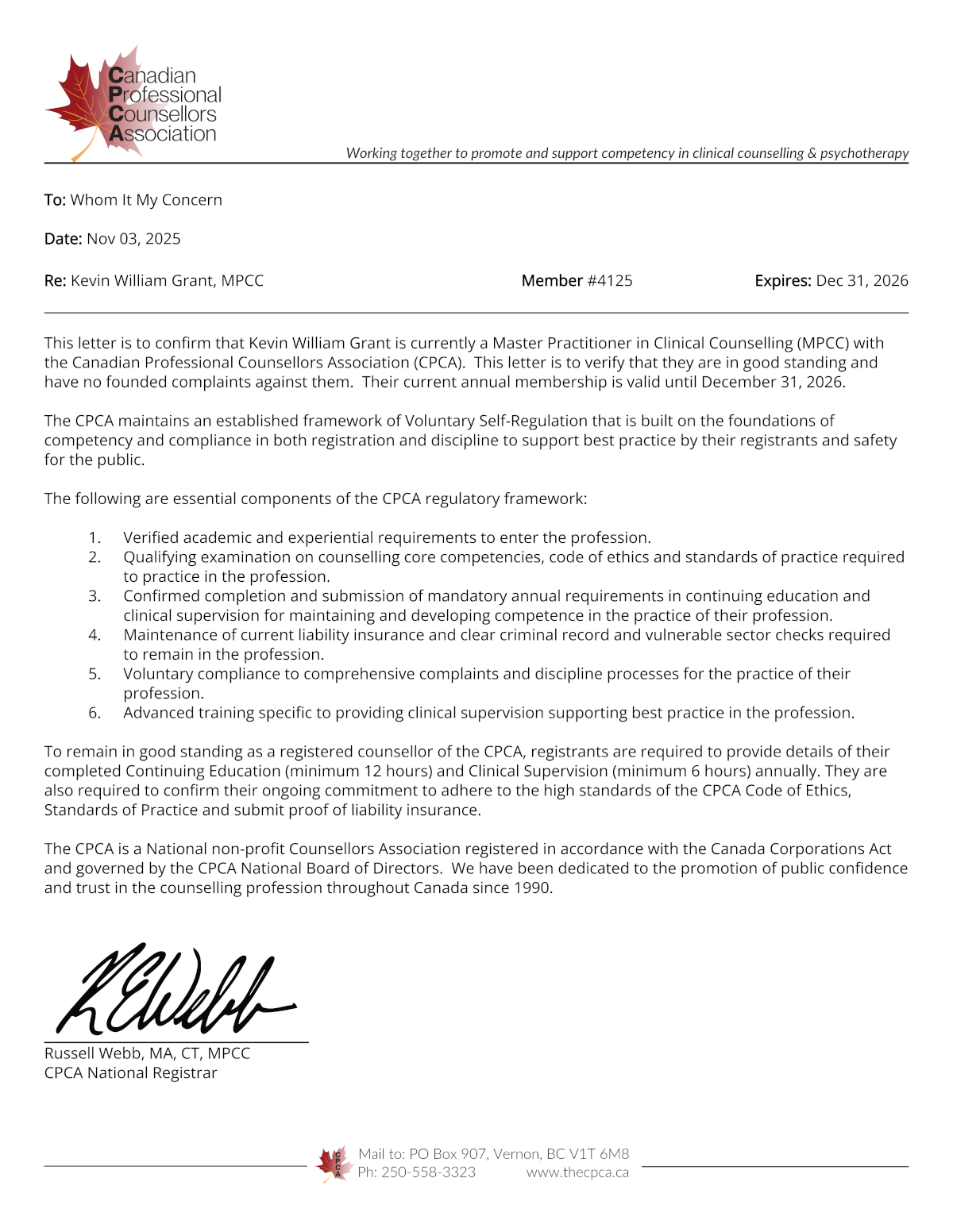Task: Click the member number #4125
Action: point(609,281)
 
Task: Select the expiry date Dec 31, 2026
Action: point(862,281)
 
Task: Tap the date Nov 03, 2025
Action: point(133,239)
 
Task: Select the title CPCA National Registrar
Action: point(130,1073)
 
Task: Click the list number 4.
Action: point(95,635)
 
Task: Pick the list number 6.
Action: point(95,713)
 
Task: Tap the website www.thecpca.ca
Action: point(577,1172)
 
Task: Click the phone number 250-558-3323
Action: point(428,1172)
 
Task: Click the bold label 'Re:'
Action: point(56,281)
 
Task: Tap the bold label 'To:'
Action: point(55,200)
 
